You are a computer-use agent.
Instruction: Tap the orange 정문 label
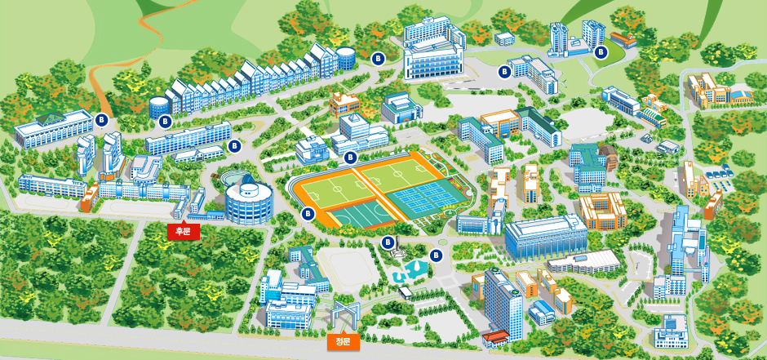point(343,340)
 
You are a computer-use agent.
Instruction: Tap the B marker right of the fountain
point(435,255)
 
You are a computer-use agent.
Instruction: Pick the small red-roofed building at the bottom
point(495,337)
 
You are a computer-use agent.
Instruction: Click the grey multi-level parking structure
point(583,262)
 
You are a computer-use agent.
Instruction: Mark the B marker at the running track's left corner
point(308,214)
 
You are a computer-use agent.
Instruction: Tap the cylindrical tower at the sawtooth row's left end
point(157,105)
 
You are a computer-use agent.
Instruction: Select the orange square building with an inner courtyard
point(602,210)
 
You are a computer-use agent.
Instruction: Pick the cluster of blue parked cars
point(719,172)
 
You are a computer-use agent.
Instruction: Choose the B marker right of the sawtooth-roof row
point(378,58)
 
